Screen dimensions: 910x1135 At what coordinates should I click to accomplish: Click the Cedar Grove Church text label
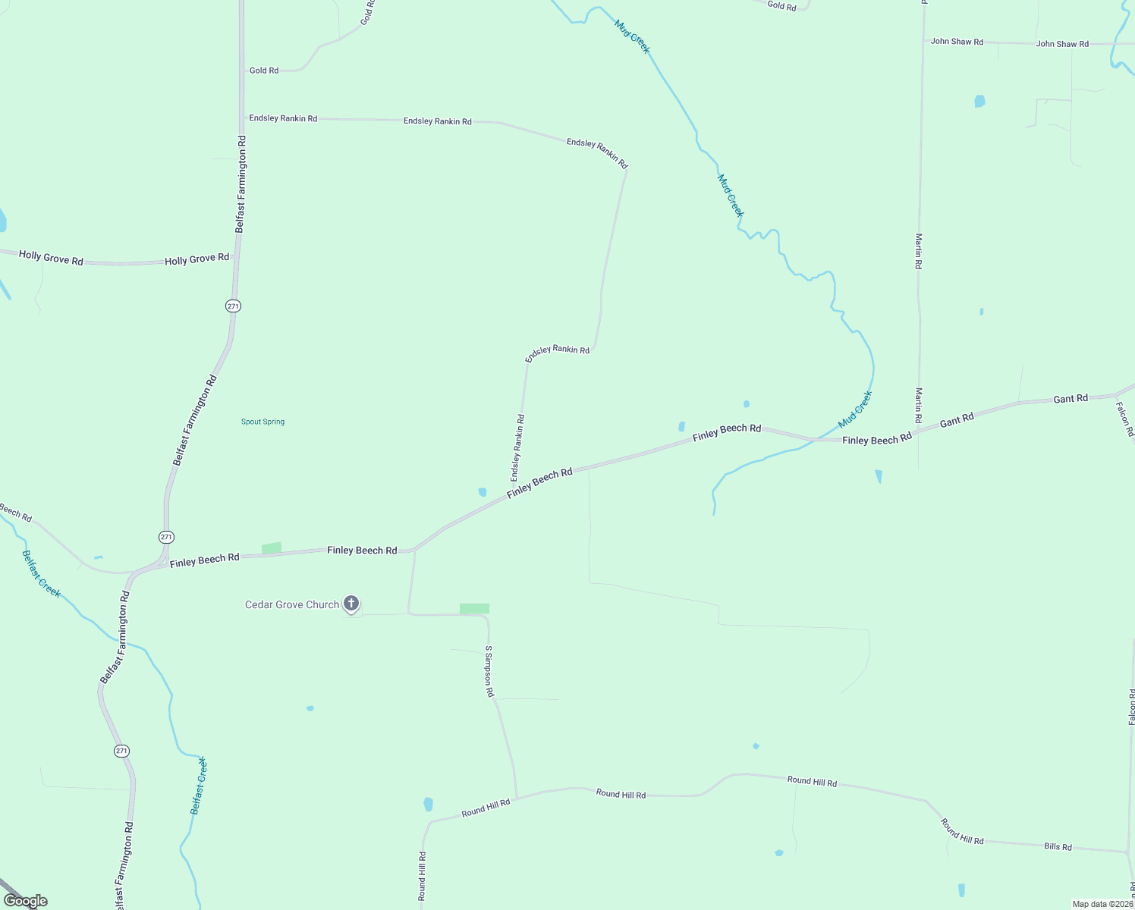(x=292, y=604)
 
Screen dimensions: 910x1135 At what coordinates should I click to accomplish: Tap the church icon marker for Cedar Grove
(x=351, y=604)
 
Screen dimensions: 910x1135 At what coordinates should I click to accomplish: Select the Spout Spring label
(x=263, y=422)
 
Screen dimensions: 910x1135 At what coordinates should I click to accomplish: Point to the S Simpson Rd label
(x=489, y=671)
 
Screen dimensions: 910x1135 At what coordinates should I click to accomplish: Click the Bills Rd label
(x=1058, y=846)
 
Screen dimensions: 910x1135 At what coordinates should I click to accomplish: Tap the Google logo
(x=25, y=901)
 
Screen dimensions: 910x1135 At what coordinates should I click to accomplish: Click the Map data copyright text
(x=1102, y=904)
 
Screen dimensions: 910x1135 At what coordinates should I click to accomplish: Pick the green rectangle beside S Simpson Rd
(x=474, y=608)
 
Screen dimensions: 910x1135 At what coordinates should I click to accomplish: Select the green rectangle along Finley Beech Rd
(x=271, y=548)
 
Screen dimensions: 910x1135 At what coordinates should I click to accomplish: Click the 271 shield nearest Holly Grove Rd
(x=233, y=306)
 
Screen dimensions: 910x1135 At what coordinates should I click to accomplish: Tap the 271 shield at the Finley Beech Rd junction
(x=167, y=537)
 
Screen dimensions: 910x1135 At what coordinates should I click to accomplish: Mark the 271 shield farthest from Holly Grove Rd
(x=121, y=751)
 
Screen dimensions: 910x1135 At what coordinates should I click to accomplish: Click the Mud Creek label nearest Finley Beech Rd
(x=856, y=409)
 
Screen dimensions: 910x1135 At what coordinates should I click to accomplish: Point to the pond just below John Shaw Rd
(x=979, y=101)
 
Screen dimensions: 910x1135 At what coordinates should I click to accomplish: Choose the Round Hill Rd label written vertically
(x=422, y=876)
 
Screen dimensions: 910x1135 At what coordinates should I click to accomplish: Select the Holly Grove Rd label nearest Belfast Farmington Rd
(x=197, y=259)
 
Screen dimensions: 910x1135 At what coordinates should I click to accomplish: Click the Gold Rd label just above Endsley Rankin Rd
(x=264, y=71)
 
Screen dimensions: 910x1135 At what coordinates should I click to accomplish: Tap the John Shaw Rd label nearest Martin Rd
(x=957, y=42)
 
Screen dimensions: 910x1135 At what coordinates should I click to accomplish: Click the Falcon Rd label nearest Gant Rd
(x=1124, y=419)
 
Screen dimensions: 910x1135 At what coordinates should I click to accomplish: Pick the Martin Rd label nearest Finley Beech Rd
(x=919, y=405)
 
